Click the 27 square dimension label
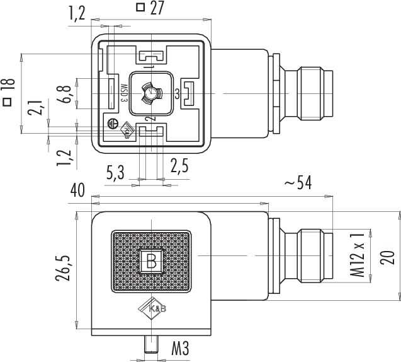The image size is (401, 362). click(x=150, y=8)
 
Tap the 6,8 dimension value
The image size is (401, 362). click(x=64, y=94)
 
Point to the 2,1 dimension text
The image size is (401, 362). click(x=35, y=107)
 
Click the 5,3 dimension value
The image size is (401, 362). click(x=115, y=173)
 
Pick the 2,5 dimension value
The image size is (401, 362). click(x=179, y=166)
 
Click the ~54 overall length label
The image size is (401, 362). click(x=298, y=183)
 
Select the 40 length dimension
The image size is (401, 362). click(x=77, y=190)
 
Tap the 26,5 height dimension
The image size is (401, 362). click(x=63, y=268)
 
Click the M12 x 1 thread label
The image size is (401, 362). click(x=357, y=255)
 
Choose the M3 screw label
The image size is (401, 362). click(x=180, y=349)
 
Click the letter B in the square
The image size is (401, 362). click(x=151, y=261)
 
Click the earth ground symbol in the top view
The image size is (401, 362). click(x=113, y=124)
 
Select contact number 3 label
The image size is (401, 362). click(x=178, y=94)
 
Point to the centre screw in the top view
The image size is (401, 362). click(x=152, y=93)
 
